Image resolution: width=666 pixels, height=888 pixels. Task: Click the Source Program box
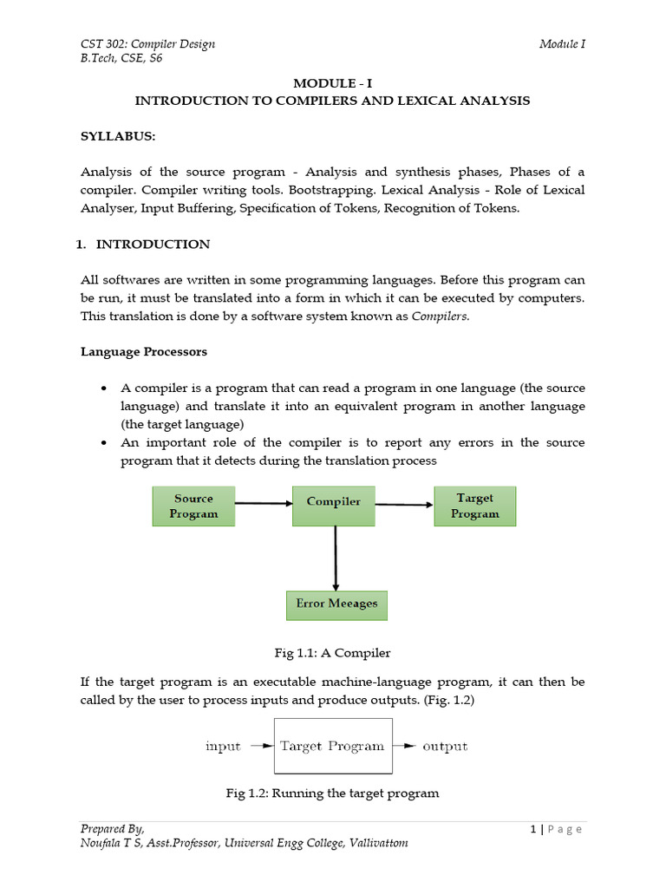tap(193, 506)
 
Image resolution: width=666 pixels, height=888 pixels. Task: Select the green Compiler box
tap(334, 502)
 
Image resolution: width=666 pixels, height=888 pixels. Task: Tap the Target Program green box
tap(474, 506)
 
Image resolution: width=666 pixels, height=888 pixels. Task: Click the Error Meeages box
tap(336, 604)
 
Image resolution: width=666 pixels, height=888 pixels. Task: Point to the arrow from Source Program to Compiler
tap(264, 502)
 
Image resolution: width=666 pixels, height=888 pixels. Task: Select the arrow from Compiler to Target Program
tap(404, 504)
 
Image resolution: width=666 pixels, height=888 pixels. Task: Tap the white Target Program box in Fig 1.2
tap(333, 746)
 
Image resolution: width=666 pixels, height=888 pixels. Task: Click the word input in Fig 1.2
tap(223, 747)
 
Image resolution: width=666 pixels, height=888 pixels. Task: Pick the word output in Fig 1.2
tap(444, 747)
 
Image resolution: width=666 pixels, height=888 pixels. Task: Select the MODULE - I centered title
tap(333, 83)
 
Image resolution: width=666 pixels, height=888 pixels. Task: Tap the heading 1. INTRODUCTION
tap(143, 245)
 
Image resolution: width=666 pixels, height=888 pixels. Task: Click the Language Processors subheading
tap(144, 352)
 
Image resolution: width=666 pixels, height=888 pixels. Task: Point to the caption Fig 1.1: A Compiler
tap(332, 652)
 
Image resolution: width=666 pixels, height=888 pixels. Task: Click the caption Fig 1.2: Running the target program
tap(332, 793)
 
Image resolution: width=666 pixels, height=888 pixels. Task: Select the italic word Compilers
tap(441, 317)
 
